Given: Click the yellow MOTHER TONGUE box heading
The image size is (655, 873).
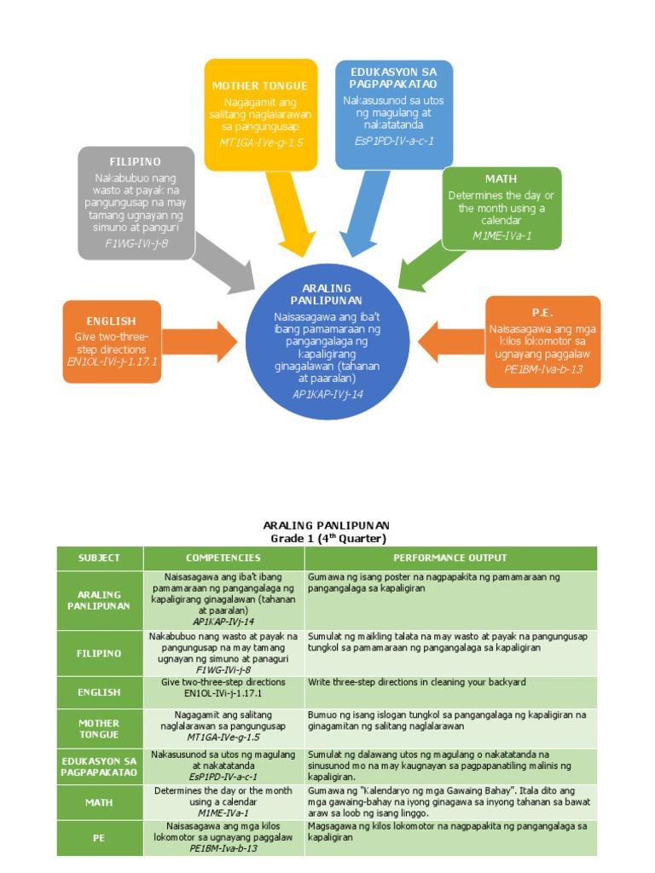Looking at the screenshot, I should [x=259, y=85].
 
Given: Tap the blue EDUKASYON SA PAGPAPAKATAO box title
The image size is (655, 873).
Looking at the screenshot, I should [x=394, y=78].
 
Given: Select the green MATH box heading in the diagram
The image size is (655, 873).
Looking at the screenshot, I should [x=501, y=179].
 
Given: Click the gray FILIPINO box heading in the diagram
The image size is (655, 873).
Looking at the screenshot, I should [x=135, y=161].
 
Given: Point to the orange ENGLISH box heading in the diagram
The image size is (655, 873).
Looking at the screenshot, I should [x=112, y=321].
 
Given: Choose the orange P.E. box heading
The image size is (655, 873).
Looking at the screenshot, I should [x=543, y=312].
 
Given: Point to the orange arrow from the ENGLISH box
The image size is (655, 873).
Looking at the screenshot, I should [x=200, y=341].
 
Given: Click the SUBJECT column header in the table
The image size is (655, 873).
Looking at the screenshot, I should [x=99, y=558].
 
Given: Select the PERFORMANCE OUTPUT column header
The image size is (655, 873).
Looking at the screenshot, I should [x=449, y=558].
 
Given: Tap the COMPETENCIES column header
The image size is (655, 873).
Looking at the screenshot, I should [x=223, y=558].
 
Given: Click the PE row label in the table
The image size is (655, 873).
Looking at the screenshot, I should [x=99, y=838].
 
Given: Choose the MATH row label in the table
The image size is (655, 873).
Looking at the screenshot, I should [x=99, y=802].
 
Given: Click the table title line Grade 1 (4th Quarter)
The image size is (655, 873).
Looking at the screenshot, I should [x=327, y=539].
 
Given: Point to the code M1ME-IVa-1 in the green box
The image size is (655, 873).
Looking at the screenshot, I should [x=501, y=235].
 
